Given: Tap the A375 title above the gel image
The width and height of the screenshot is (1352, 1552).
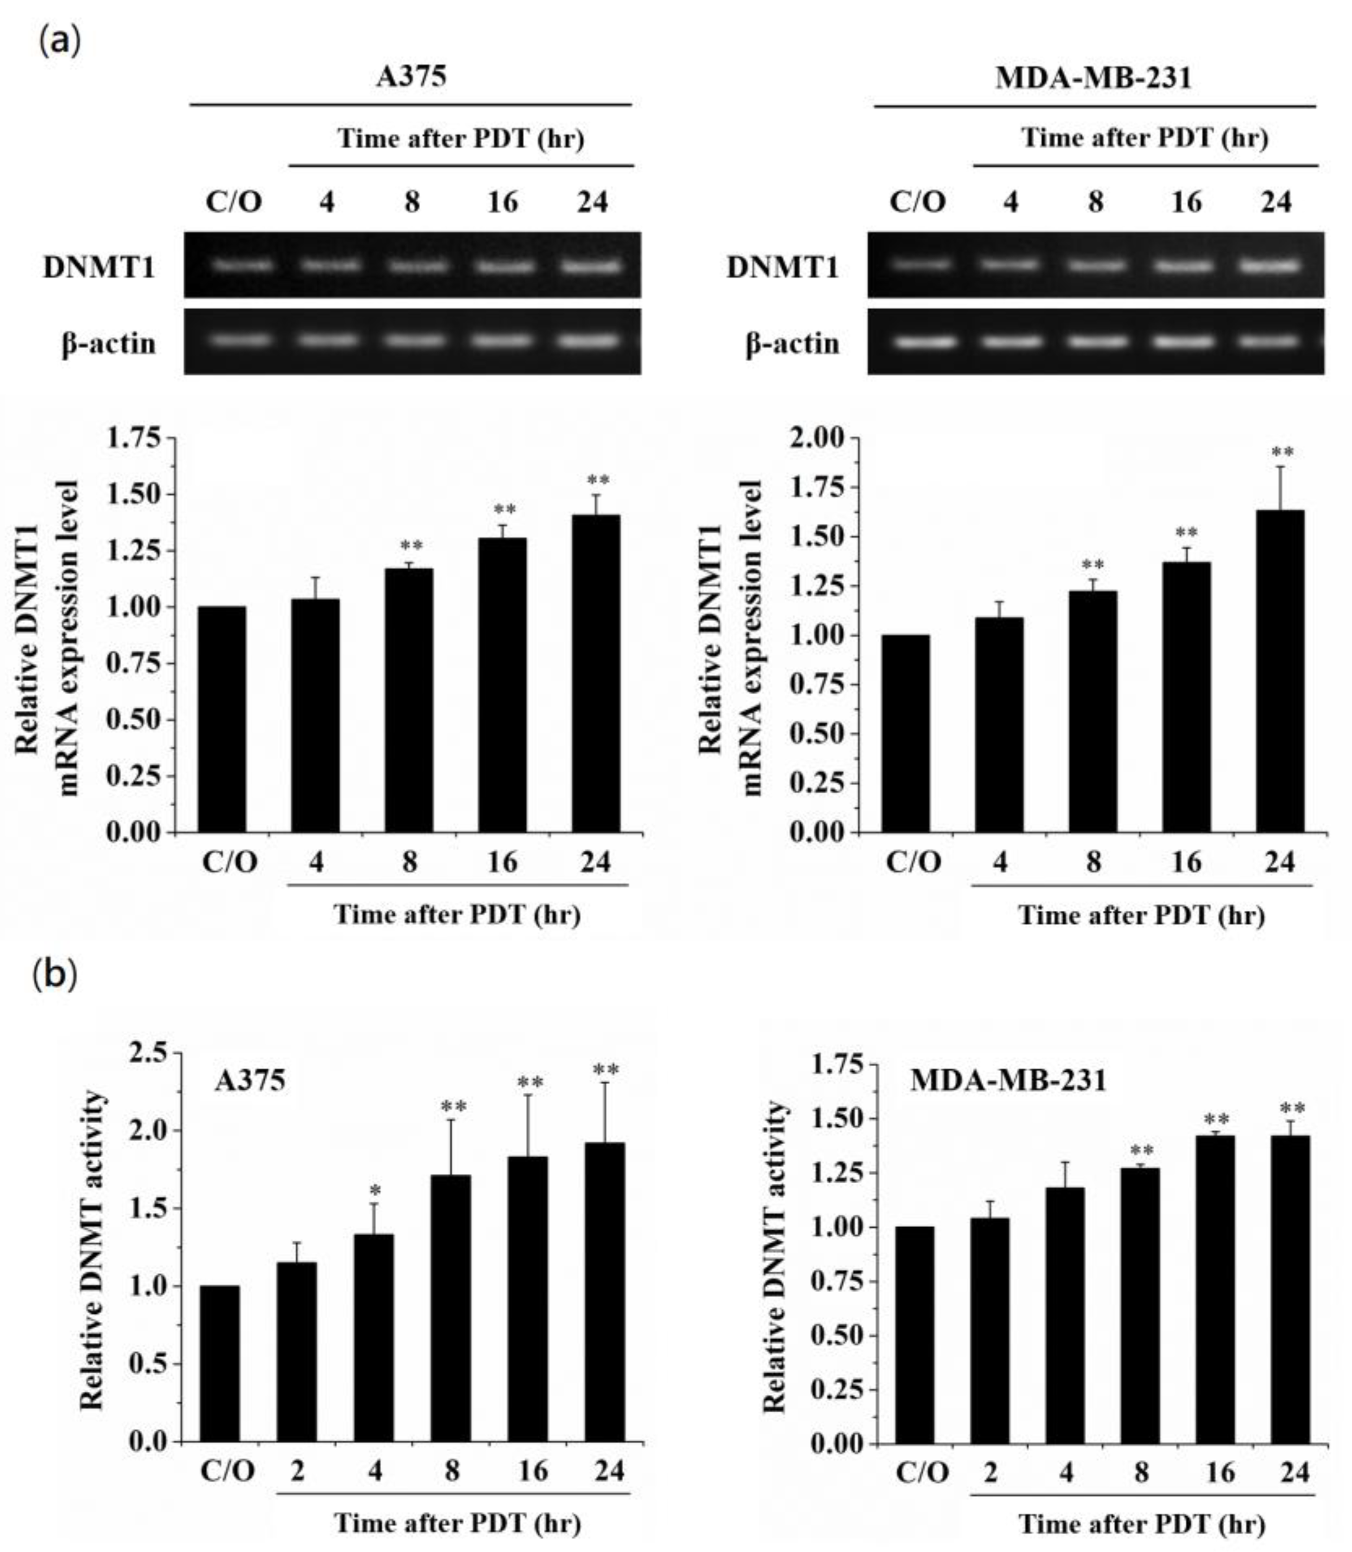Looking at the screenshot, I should [411, 76].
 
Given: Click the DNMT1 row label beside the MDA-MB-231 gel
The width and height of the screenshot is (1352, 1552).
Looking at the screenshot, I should [782, 268].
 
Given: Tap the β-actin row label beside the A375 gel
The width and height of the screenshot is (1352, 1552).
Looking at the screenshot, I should [109, 343].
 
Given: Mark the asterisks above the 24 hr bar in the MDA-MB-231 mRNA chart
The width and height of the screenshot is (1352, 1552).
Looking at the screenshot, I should [1282, 453].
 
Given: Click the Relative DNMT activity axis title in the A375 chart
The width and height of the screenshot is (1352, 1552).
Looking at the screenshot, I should [92, 1249].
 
